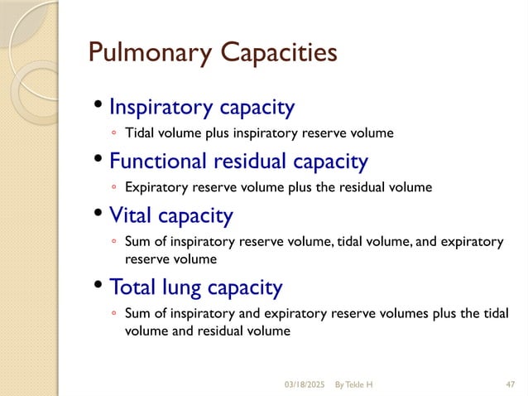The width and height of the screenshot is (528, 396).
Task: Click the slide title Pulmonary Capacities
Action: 213,53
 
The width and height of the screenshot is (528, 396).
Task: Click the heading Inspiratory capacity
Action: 202,107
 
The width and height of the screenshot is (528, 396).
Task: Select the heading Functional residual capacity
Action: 238,160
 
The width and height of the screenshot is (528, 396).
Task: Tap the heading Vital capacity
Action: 171,215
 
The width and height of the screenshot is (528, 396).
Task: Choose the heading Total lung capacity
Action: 195,287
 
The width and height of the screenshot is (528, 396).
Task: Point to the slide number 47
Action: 509,384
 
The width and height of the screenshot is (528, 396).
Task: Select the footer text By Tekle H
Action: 353,384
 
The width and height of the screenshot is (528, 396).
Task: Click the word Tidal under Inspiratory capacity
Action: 138,132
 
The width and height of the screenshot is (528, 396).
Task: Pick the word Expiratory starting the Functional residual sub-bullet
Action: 153,186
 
